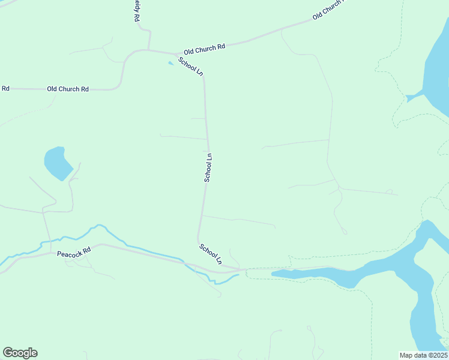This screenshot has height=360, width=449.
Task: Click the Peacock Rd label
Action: pos(74,253)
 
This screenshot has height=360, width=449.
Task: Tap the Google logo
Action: pos(20,353)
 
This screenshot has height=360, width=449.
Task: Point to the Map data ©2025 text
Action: pos(423,355)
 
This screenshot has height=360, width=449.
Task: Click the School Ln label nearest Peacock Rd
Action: pos(211,254)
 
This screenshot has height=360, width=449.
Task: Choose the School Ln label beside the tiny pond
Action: pos(190,66)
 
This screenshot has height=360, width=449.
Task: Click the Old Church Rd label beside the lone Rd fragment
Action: pos(68,89)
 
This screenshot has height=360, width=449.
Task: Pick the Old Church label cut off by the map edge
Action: pos(328,10)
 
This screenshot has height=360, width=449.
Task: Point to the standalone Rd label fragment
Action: pos(5,88)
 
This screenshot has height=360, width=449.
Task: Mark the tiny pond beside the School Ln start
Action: pos(171,63)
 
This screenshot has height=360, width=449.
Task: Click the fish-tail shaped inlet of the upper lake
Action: pos(414,97)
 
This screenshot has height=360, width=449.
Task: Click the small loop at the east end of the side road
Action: pos(390,192)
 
